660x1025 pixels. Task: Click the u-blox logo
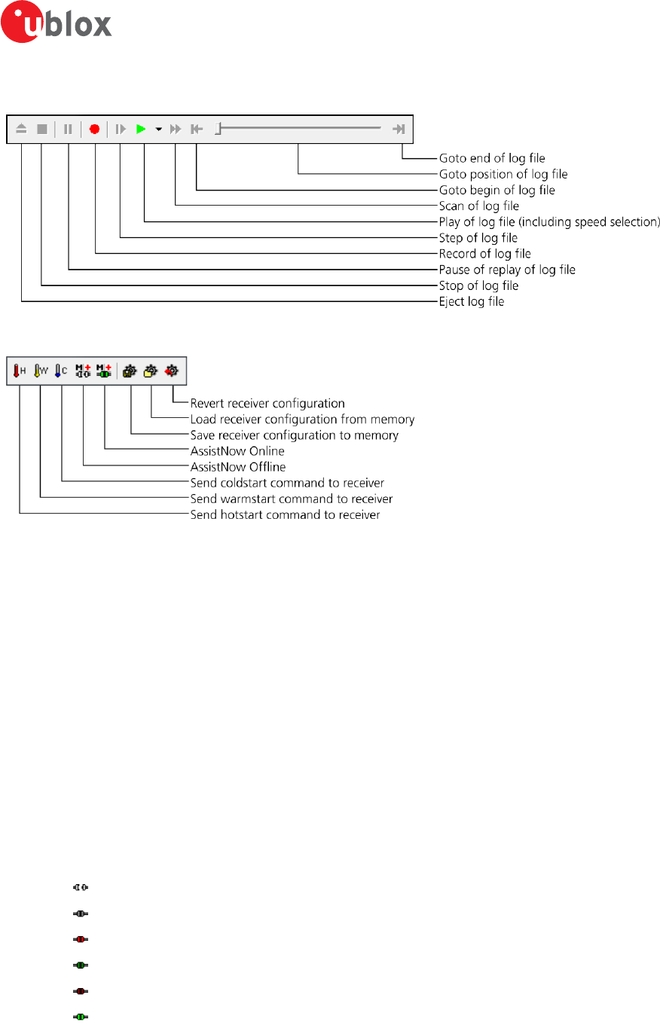click(57, 25)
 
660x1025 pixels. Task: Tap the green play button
click(140, 129)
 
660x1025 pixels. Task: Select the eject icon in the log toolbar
click(21, 129)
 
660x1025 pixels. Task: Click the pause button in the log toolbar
click(68, 129)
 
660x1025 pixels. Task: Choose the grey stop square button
click(42, 129)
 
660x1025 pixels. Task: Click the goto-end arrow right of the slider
click(399, 129)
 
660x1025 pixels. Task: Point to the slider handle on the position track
click(217, 129)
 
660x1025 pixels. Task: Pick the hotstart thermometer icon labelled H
click(20, 371)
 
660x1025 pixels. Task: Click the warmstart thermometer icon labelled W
click(41, 371)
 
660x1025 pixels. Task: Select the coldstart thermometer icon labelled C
click(61, 371)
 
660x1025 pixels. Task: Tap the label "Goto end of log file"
click(492, 159)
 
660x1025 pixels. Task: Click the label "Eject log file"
click(472, 302)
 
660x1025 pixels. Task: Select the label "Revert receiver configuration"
click(267, 403)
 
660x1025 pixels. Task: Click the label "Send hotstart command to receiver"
click(285, 515)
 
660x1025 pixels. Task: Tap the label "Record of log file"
click(484, 254)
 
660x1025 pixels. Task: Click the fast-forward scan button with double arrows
click(176, 129)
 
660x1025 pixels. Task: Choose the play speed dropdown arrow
click(158, 130)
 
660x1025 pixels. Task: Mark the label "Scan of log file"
click(479, 206)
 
